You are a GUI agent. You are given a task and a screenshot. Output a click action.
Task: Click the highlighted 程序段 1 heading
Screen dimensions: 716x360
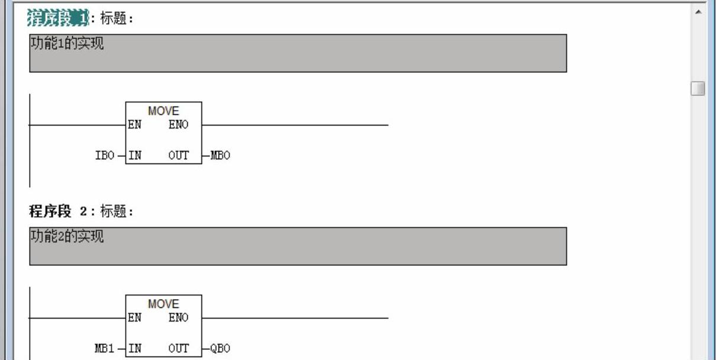(57, 18)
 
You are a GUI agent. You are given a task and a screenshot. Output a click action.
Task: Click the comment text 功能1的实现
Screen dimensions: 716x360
(67, 44)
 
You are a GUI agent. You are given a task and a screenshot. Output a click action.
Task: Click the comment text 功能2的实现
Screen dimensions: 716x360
(67, 237)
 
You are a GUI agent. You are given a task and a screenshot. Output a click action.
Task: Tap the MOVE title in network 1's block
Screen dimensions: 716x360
(163, 111)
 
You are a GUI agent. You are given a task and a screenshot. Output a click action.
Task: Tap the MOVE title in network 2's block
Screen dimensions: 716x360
(163, 304)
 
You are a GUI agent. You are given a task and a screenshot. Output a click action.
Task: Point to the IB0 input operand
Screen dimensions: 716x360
(105, 156)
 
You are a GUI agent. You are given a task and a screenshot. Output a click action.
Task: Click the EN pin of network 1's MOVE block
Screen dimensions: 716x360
(135, 125)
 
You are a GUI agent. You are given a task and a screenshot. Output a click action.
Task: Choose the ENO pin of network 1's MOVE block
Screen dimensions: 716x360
(178, 125)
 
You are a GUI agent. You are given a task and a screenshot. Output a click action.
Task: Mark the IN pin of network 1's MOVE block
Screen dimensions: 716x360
(135, 156)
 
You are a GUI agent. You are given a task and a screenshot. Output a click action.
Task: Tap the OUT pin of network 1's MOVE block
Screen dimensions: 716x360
(178, 156)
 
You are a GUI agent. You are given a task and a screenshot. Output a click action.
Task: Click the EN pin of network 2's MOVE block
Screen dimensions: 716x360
(135, 318)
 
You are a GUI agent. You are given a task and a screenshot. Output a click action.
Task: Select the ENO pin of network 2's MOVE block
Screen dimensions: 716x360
(178, 318)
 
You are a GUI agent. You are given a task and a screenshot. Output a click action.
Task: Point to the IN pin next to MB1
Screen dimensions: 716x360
(135, 349)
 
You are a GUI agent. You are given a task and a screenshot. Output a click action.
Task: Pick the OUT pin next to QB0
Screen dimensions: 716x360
(178, 349)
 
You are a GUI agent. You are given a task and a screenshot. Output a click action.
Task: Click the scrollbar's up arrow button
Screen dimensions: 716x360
(698, 11)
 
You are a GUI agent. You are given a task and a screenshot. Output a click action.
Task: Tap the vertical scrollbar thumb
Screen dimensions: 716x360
(698, 88)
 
